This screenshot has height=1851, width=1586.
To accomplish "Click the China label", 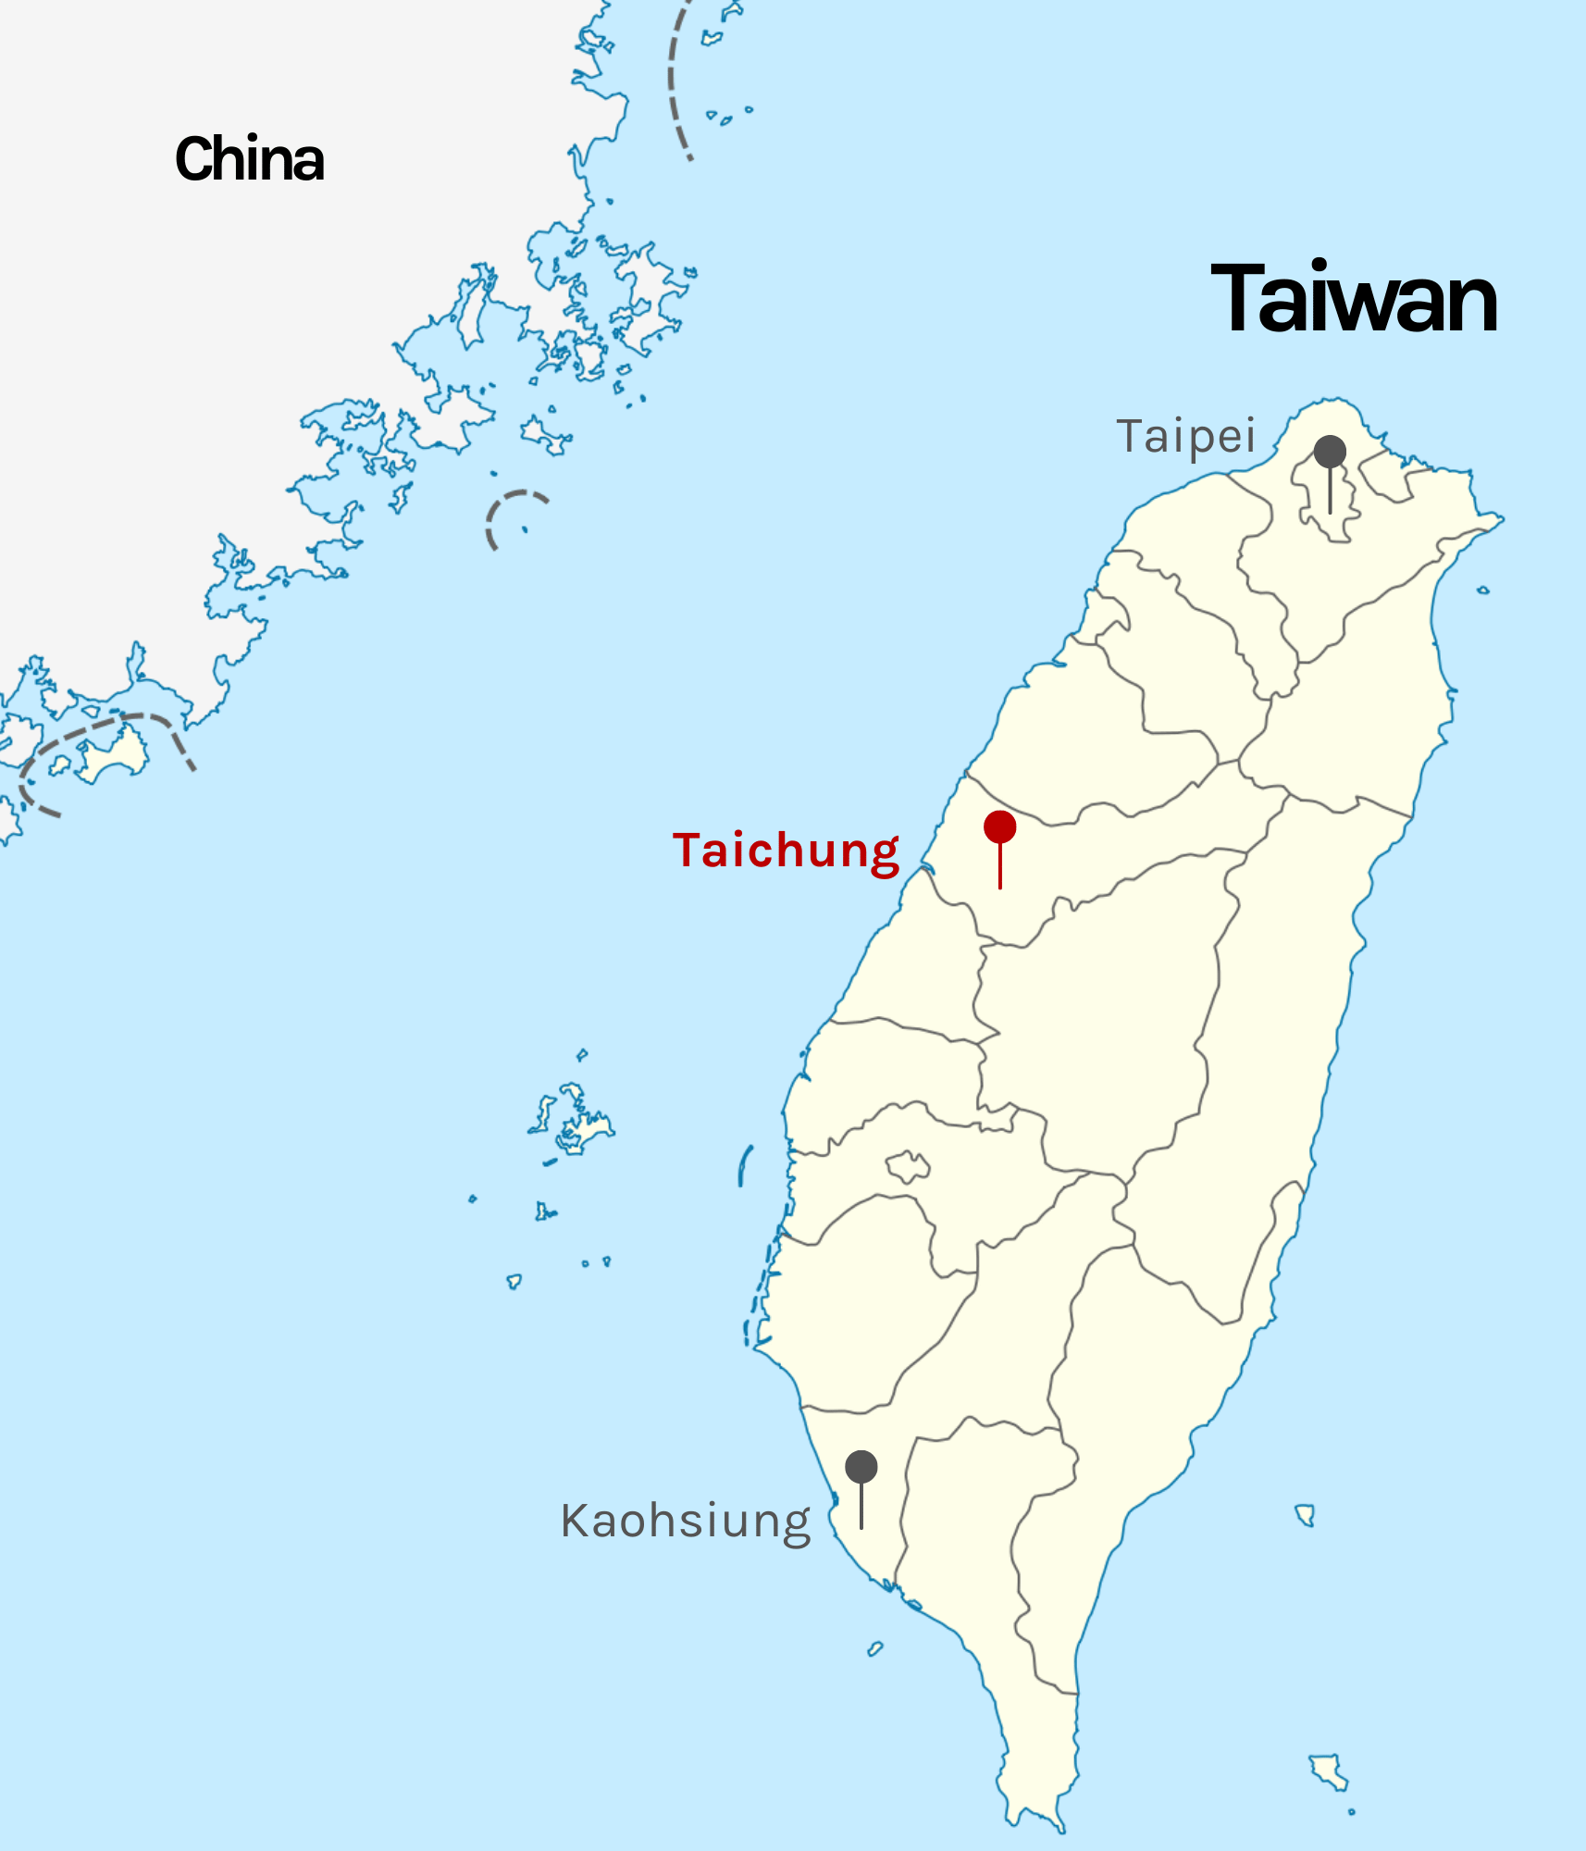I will click(250, 159).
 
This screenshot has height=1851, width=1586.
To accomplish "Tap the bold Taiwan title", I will click(1354, 298).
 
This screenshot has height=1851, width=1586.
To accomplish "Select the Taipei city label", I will click(1186, 436).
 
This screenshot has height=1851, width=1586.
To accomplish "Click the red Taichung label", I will click(787, 851).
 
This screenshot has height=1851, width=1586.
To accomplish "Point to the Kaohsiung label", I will click(686, 1521).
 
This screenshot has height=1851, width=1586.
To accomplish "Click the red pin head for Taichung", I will click(999, 826).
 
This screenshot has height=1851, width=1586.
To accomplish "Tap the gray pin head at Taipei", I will click(1330, 452).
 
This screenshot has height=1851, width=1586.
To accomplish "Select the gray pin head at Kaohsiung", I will click(861, 1466).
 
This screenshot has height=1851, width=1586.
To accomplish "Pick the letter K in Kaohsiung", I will click(575, 1520).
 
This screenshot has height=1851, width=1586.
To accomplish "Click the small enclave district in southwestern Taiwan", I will click(908, 1166).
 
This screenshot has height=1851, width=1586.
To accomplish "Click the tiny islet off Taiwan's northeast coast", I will click(1482, 590).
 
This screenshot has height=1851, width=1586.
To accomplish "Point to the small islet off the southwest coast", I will click(874, 1648).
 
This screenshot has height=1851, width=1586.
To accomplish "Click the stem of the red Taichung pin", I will click(999, 866).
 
